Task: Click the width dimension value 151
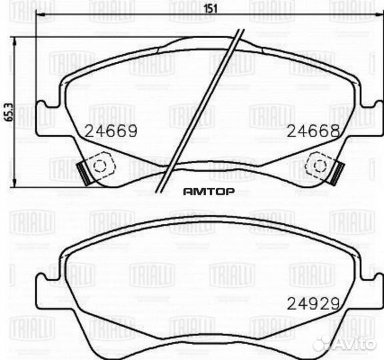click(210, 8)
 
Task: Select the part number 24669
click(111, 131)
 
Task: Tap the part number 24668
click(313, 131)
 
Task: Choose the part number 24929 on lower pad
click(313, 303)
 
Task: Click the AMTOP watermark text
click(209, 191)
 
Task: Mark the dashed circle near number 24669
click(101, 166)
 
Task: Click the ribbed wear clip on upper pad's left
click(83, 173)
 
